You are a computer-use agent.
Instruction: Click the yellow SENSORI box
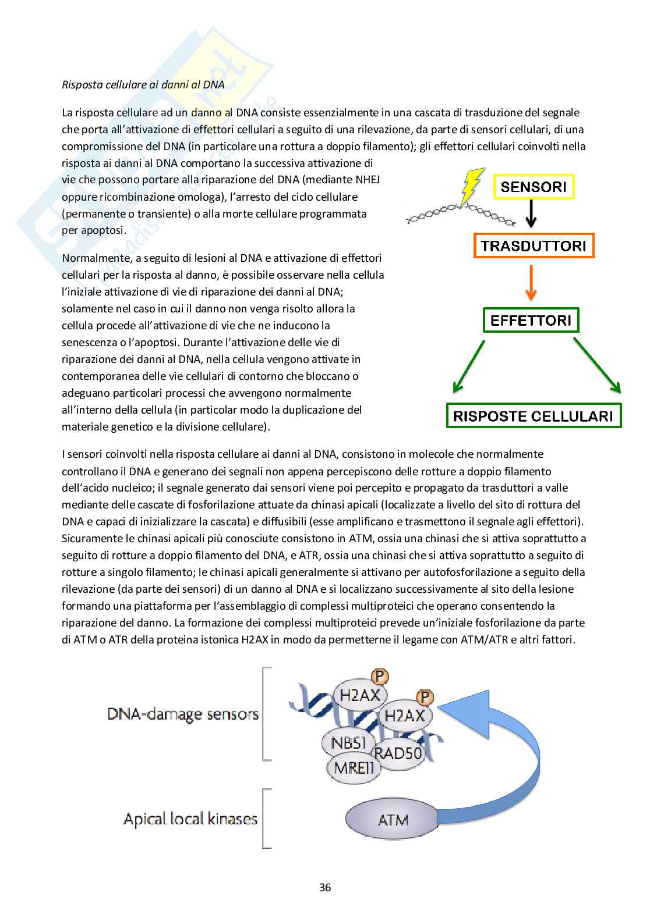[534, 187]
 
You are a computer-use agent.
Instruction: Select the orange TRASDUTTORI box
[534, 245]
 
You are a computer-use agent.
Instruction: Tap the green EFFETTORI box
[531, 320]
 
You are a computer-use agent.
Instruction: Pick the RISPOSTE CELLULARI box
[533, 416]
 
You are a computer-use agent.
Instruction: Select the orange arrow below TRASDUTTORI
[531, 282]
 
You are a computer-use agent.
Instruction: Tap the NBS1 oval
[348, 743]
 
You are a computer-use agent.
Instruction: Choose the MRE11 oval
[354, 768]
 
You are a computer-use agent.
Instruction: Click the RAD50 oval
[398, 753]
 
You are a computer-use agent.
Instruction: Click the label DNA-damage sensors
[183, 714]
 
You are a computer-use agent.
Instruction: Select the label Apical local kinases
[190, 819]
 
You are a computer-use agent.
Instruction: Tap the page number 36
[325, 887]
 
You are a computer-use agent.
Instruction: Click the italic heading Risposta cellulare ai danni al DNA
[143, 84]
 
